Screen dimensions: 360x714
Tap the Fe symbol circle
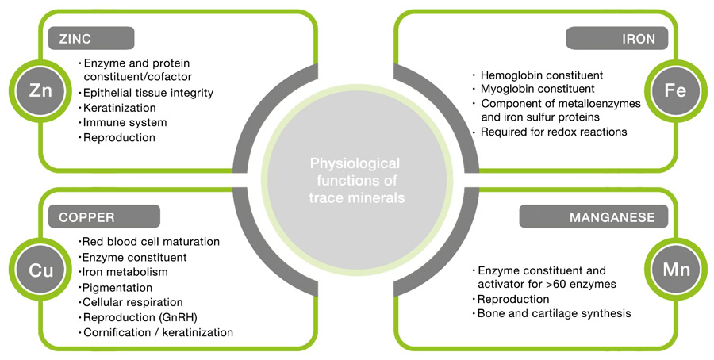pyautogui.click(x=674, y=91)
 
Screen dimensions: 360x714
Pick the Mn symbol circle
pyautogui.click(x=674, y=270)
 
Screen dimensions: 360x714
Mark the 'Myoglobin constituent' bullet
pyautogui.click(x=538, y=89)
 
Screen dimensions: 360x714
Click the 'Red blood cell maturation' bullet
pyautogui.click(x=151, y=241)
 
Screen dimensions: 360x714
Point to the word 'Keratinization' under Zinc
pyautogui.click(x=119, y=107)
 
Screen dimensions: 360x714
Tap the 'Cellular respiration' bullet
pyautogui.click(x=132, y=302)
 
